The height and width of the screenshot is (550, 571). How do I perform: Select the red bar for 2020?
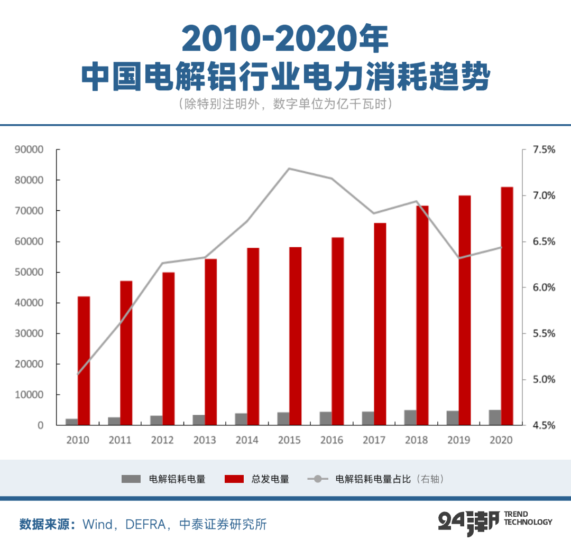point(506,306)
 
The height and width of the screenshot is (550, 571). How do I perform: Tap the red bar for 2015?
point(295,336)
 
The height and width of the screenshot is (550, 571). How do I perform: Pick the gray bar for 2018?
point(410,417)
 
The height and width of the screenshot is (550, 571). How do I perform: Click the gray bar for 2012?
point(156,420)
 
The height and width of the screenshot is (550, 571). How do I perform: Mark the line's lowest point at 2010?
point(78,374)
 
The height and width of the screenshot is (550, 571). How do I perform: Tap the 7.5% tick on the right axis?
point(544,150)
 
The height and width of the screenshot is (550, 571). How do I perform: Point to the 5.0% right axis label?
point(544,379)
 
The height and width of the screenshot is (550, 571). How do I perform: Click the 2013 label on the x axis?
point(205,440)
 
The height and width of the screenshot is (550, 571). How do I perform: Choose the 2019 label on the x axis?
point(458,440)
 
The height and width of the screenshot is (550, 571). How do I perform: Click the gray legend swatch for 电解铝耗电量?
point(131,479)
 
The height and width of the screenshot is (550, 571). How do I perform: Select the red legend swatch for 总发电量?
point(234,479)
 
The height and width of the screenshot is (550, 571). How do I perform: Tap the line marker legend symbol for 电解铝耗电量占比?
point(318,479)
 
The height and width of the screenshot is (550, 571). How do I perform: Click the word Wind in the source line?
point(97,524)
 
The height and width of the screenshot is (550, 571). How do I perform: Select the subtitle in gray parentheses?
point(285,104)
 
